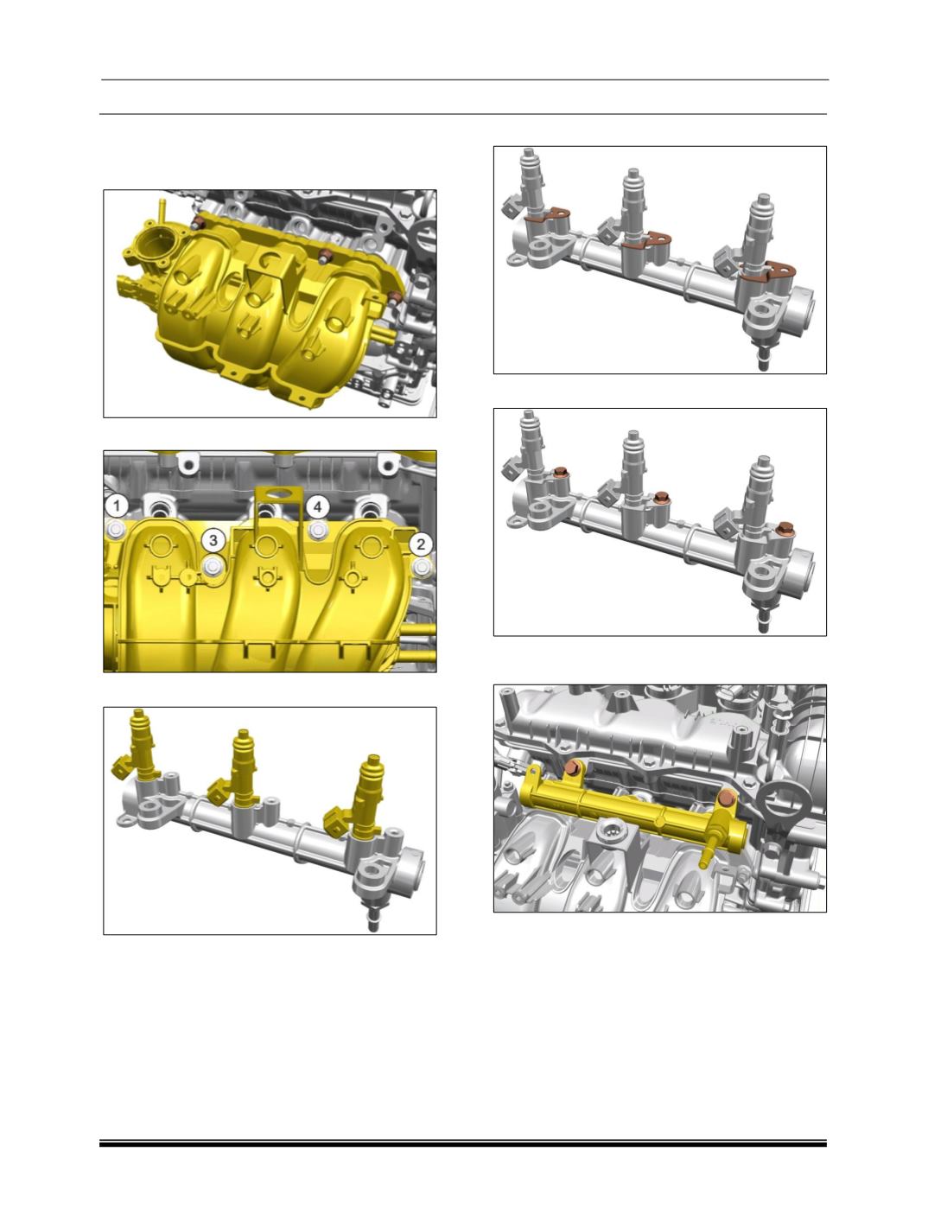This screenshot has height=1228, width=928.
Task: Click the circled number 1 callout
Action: click(x=117, y=507)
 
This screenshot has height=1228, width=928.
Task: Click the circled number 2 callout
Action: click(x=421, y=544)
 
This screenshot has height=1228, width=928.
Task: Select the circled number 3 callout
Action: click(x=213, y=541)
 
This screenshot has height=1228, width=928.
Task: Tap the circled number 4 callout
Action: click(x=318, y=507)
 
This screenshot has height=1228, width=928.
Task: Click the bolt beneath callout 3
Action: click(x=213, y=567)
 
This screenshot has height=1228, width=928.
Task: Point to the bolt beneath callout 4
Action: click(x=318, y=530)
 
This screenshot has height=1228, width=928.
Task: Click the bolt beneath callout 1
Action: click(x=115, y=528)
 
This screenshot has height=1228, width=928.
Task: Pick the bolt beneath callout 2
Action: click(x=423, y=568)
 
